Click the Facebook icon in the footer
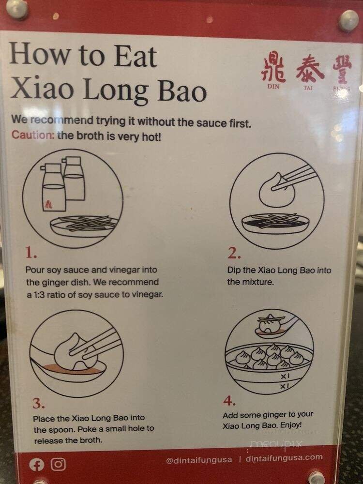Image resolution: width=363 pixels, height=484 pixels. pyautogui.click(x=36, y=465)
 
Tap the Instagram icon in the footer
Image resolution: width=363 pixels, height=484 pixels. pyautogui.click(x=59, y=464)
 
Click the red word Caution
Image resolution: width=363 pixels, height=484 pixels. pyautogui.click(x=33, y=135)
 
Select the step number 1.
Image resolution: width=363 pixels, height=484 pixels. pyautogui.click(x=31, y=254)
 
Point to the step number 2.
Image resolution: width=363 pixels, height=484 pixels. pyautogui.click(x=234, y=253)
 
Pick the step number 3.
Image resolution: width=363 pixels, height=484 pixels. pyautogui.click(x=39, y=403)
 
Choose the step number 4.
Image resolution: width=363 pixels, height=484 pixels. pyautogui.click(x=229, y=401)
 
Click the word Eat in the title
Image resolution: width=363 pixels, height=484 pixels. pyautogui.click(x=136, y=56)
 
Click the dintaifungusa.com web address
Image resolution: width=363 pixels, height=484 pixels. pyautogui.click(x=284, y=458)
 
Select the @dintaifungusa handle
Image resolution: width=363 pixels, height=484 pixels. pyautogui.click(x=199, y=460)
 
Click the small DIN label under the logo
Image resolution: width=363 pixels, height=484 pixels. pyautogui.click(x=273, y=87)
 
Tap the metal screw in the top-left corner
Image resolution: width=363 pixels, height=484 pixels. pyautogui.click(x=16, y=9)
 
